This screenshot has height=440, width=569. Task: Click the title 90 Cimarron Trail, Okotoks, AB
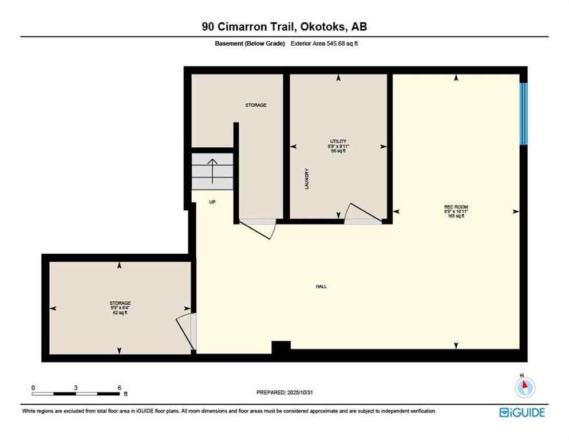[x=284, y=26]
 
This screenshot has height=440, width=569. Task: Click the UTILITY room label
[x=338, y=142]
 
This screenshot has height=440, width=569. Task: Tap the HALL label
[x=321, y=286]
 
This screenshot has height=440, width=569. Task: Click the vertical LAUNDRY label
[x=307, y=179]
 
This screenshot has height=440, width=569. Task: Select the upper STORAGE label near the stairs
[x=256, y=105]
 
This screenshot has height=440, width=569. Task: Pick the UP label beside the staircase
[x=212, y=202]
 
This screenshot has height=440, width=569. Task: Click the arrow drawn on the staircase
[x=212, y=170]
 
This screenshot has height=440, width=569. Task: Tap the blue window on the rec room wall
[x=523, y=113]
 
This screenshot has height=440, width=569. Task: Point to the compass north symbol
[x=524, y=388]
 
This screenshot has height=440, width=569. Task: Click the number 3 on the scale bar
[x=76, y=387]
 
